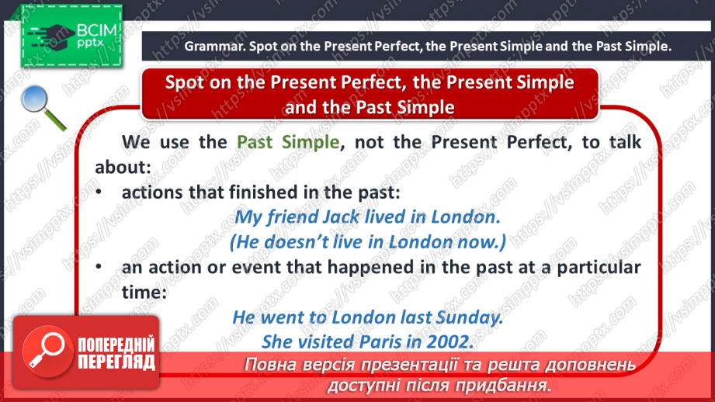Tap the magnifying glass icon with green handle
tap(42, 106)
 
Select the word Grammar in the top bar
tap(211, 47)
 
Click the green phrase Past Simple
tap(288, 142)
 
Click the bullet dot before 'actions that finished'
tap(100, 192)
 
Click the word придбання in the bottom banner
tap(505, 385)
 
